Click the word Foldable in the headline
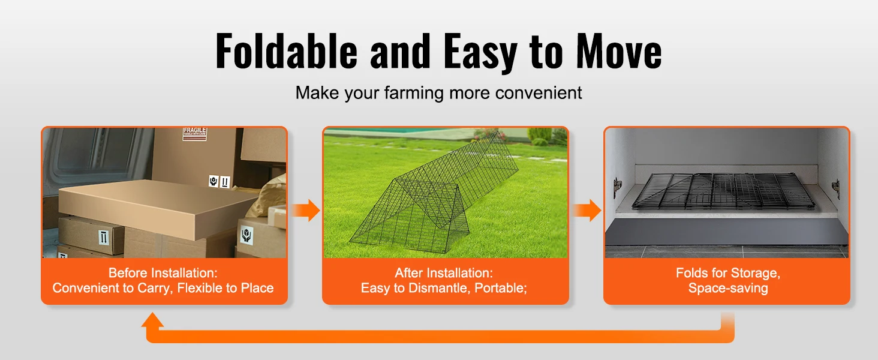(286, 51)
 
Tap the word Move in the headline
(618, 51)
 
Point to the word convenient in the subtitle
(539, 93)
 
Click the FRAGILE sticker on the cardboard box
(195, 133)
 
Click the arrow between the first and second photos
(306, 210)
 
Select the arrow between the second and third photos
(587, 210)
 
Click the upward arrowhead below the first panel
(152, 320)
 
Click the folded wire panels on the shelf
(723, 191)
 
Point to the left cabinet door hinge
(617, 187)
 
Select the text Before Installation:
(163, 273)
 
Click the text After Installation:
(444, 273)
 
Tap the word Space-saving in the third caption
(728, 288)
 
